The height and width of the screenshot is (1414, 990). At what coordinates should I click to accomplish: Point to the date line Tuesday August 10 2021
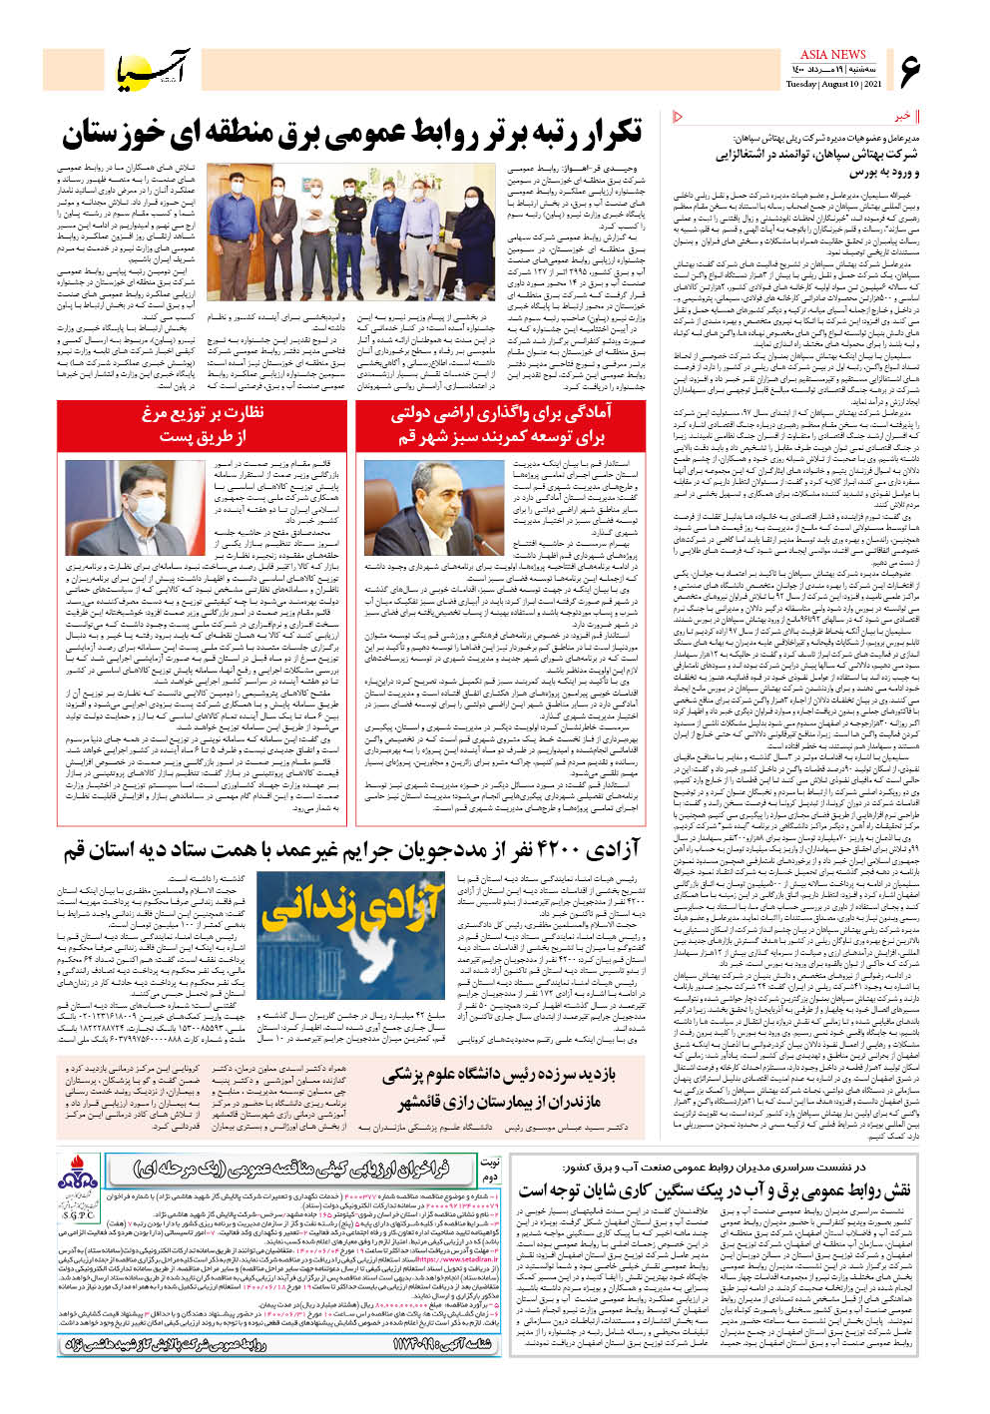(833, 84)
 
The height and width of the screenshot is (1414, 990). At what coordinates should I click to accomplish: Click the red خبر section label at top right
(902, 117)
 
